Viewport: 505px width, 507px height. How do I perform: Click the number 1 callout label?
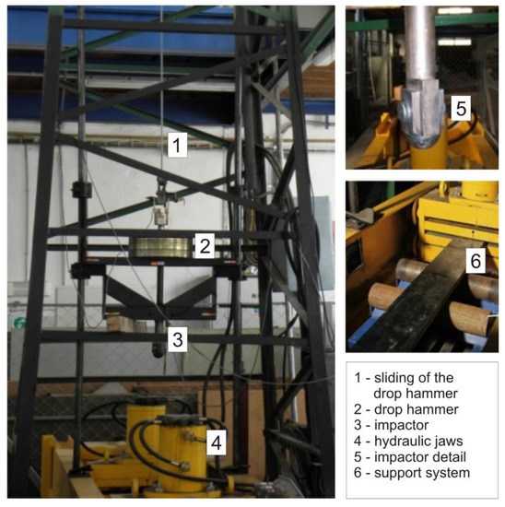177,145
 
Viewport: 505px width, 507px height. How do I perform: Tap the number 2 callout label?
205,246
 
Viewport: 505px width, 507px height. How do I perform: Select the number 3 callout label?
178,339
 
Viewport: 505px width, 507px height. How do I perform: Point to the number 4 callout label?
217,442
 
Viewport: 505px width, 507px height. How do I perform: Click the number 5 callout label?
461,108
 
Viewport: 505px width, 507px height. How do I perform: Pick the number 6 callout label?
476,261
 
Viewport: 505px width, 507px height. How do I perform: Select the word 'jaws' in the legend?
449,441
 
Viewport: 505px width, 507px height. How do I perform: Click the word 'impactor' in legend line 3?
401,425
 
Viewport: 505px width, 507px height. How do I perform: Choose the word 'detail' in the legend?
449,457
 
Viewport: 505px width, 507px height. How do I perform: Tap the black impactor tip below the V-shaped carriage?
159,350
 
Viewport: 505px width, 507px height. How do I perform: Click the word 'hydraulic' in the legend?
402,441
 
